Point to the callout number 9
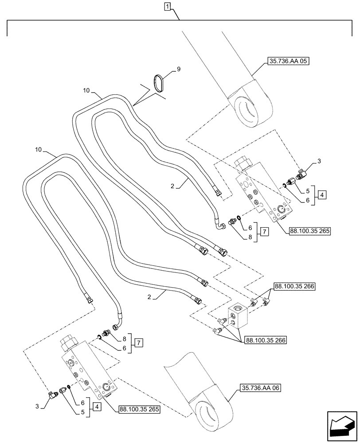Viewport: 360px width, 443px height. click(x=179, y=69)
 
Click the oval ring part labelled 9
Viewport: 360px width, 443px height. click(x=158, y=84)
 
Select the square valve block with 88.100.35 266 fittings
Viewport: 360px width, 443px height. click(x=239, y=316)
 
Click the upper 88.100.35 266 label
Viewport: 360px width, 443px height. click(x=294, y=287)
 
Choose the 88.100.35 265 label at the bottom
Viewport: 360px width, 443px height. click(x=139, y=410)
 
